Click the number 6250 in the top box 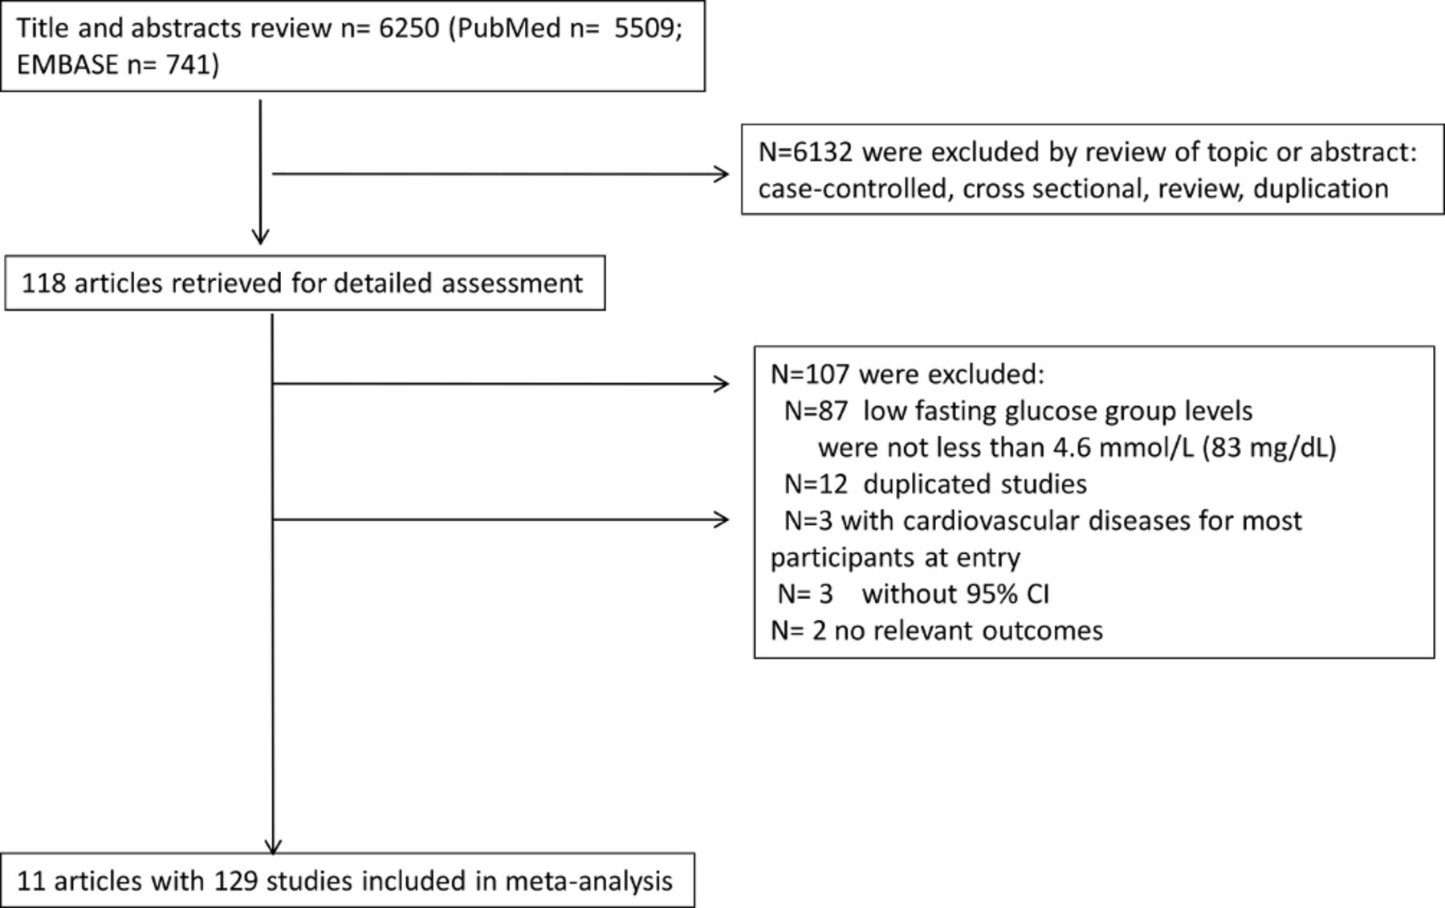pos(409,29)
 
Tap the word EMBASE pos(67,64)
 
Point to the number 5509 pos(645,29)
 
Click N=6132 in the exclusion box pos(805,152)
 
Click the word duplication pos(1320,189)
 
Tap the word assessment pos(513,283)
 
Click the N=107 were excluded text pos(907,374)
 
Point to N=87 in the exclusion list pos(816,411)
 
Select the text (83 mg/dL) pos(1269,448)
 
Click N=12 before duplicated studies pos(816,484)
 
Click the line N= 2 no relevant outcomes pos(937,631)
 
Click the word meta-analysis pos(588,882)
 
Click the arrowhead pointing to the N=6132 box pos(722,173)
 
